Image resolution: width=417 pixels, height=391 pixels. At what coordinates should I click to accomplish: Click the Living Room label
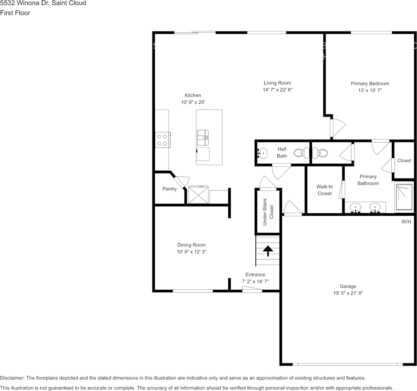tap(277, 83)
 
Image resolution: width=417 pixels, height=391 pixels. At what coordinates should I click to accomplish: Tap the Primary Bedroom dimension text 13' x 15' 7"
tap(369, 90)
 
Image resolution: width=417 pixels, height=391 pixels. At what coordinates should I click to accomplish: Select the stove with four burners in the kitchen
tap(162, 140)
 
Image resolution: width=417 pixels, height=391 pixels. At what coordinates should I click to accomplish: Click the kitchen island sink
tap(203, 138)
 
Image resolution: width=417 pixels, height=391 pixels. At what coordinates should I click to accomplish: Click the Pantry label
tap(169, 189)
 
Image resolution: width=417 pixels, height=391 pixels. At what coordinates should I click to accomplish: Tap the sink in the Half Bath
tap(263, 153)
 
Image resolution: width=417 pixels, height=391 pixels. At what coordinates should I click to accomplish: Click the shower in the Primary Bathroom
tap(403, 198)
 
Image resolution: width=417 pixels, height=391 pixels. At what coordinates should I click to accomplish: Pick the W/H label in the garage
tap(406, 222)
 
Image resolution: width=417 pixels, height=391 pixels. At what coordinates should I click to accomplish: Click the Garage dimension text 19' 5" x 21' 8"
tap(348, 293)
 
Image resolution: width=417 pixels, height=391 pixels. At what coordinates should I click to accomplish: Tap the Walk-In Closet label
tap(325, 190)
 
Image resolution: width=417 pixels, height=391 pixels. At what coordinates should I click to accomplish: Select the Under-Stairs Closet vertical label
tap(268, 212)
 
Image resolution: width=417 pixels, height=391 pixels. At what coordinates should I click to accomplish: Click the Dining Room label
tap(191, 245)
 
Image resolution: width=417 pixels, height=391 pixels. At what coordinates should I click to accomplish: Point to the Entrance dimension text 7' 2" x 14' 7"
tap(255, 281)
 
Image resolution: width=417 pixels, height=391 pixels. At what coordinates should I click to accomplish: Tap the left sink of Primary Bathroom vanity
tap(355, 207)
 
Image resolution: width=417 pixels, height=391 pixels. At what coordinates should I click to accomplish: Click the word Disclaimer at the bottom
tap(12, 378)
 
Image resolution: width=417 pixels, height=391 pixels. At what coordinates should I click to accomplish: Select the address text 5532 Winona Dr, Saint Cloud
tap(43, 3)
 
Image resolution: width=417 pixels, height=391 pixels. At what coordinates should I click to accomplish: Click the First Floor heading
tap(15, 13)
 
